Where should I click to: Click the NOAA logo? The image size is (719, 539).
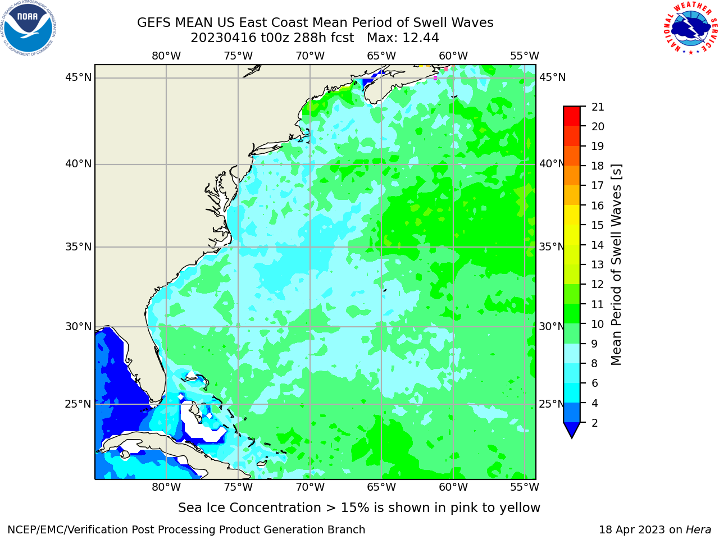coord(28,28)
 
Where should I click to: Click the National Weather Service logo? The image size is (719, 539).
coord(691,28)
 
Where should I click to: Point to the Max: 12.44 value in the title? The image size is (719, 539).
coord(403,38)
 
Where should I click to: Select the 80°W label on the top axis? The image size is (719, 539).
coord(166,56)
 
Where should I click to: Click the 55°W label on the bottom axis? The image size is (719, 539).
coord(525,487)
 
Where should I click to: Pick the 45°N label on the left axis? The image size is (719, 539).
coord(78,77)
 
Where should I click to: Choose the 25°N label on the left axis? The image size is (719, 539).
coord(78,404)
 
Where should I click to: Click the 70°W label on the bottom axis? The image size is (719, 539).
coord(310,487)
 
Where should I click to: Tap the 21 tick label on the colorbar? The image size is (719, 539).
coord(598,107)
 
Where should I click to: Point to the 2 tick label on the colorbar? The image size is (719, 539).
coord(595,423)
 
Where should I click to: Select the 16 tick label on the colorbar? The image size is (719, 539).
coord(598,205)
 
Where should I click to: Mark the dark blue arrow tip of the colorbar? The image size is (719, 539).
coord(572,437)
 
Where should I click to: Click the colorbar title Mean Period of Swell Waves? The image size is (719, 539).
coord(616,265)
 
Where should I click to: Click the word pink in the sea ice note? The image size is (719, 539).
coord(465,508)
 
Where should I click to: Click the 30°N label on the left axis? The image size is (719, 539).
coord(78,327)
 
